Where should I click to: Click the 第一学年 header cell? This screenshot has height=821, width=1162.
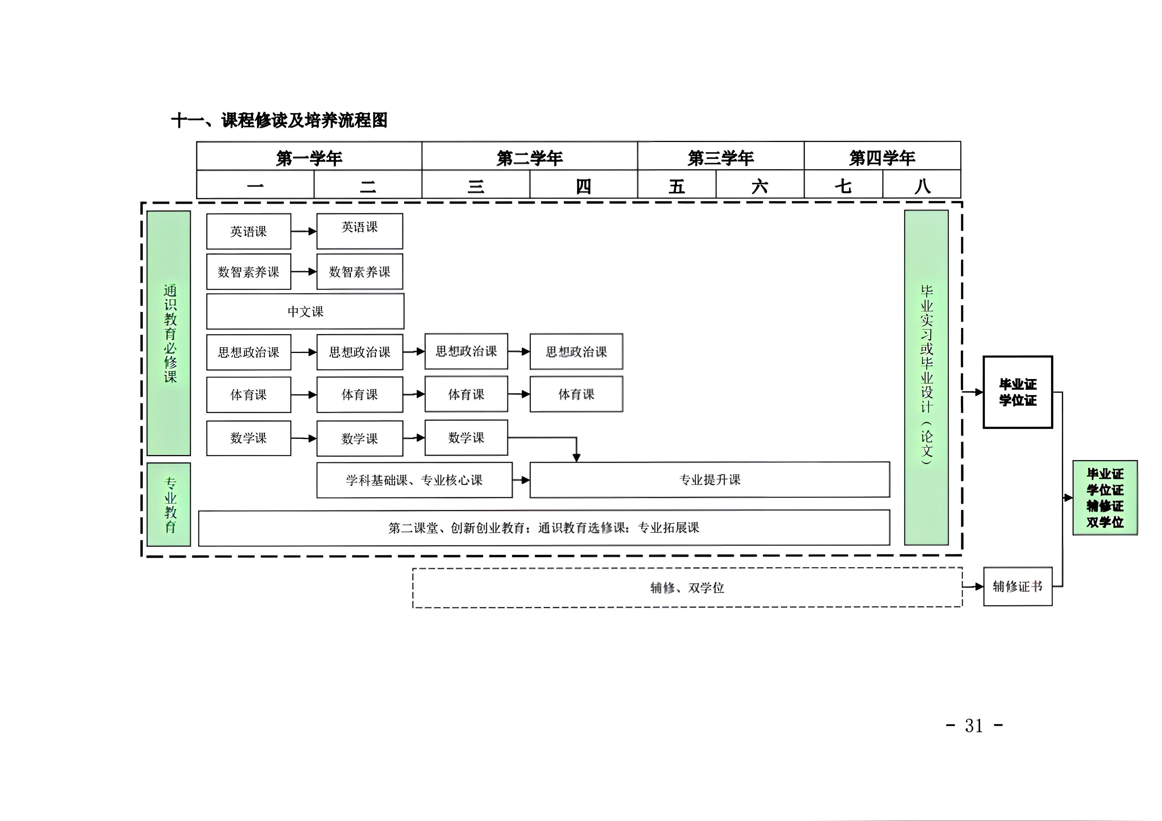click(x=309, y=156)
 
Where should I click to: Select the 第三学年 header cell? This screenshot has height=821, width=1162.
click(x=721, y=156)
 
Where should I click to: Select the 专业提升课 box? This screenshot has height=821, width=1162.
click(x=710, y=480)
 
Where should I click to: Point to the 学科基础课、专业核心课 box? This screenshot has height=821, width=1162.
click(x=414, y=480)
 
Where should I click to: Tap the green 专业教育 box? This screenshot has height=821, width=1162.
click(x=169, y=504)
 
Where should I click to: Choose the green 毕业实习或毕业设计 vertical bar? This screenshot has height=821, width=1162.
click(x=926, y=377)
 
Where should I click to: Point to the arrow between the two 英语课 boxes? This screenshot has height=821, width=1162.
click(x=304, y=231)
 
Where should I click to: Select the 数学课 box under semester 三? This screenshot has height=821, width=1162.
click(x=466, y=437)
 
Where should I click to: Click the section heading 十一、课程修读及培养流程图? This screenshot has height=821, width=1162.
click(x=279, y=120)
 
